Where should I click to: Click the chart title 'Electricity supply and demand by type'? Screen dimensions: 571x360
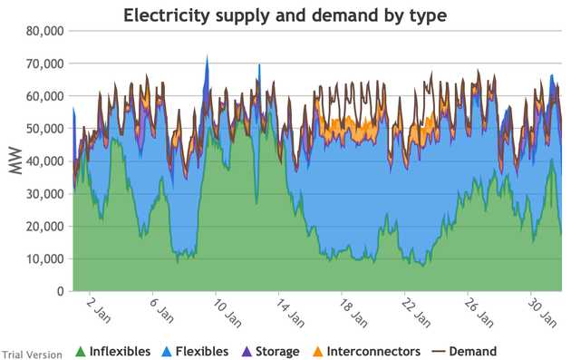[285, 15]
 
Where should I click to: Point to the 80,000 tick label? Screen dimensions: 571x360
[44, 32]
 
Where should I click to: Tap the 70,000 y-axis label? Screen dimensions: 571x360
[44, 63]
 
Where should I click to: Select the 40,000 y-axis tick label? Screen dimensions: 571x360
[44, 161]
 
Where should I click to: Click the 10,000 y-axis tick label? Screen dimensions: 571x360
[44, 259]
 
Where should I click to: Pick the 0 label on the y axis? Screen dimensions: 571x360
[60, 291]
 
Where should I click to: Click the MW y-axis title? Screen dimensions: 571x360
[15, 161]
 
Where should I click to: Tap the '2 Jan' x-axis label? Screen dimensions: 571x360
[99, 311]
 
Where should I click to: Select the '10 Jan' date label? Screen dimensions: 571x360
[227, 313]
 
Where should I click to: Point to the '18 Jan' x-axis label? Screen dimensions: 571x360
[353, 313]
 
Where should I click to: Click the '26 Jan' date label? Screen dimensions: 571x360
[479, 313]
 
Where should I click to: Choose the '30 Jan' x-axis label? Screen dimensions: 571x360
[542, 313]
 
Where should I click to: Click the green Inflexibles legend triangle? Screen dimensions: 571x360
[80, 352]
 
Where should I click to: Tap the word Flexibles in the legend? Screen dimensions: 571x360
[202, 351]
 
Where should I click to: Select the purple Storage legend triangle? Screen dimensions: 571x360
[247, 352]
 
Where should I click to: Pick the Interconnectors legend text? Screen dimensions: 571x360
[373, 351]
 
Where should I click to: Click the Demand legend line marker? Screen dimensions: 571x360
[438, 352]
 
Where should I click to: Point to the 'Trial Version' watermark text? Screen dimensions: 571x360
[32, 355]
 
